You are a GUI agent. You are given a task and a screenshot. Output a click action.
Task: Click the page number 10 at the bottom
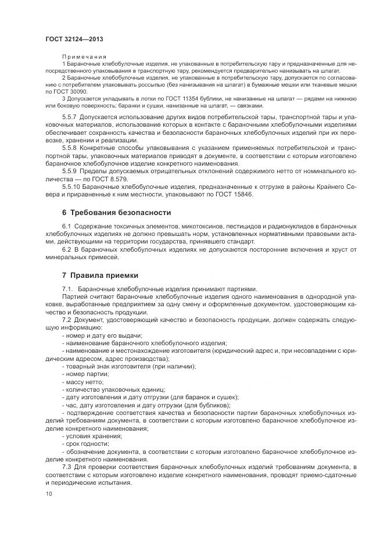[49, 494]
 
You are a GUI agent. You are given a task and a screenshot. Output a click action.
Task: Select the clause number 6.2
[67, 249]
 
